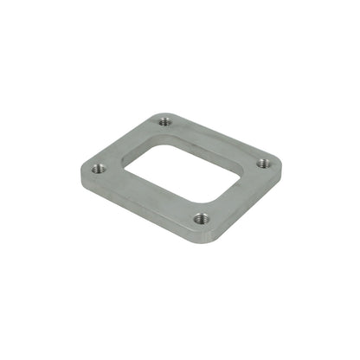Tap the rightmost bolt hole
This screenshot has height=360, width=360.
[263, 161]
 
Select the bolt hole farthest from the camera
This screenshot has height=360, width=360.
[165, 120]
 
